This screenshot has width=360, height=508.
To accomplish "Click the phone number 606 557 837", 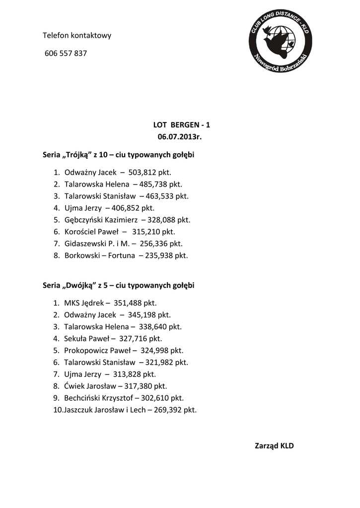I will (66, 53).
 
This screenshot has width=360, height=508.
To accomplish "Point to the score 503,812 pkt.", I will (149, 173).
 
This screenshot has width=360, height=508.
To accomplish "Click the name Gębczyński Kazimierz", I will (101, 219).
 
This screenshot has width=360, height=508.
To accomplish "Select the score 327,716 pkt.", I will (141, 338).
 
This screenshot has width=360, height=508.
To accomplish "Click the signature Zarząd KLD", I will (274, 445).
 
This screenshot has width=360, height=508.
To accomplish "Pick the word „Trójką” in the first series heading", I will (77, 155).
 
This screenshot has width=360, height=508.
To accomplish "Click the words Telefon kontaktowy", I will (77, 35).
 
